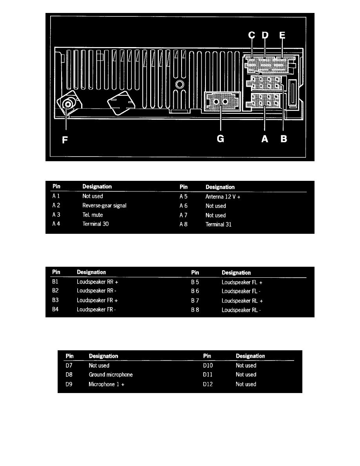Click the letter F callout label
65,139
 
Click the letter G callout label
221,139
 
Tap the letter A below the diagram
265,139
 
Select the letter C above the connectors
252,35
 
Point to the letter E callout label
282,35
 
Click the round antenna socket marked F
69,104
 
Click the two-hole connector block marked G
220,102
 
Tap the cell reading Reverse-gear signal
104,206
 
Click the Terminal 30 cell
95,224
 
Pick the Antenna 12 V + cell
223,196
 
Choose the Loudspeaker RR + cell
97,282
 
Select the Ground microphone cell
111,375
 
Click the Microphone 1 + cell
106,384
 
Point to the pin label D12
208,384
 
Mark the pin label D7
69,365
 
